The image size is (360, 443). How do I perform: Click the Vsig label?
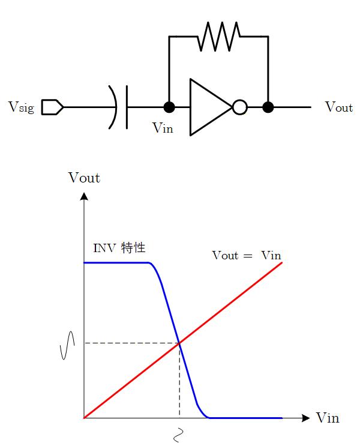click(21, 107)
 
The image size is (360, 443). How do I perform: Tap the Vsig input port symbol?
click(52, 107)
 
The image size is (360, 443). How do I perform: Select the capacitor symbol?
click(120, 107)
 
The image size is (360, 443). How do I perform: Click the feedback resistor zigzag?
click(218, 36)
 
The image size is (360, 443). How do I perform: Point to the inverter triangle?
click(208, 107)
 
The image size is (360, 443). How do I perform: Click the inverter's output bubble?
click(239, 107)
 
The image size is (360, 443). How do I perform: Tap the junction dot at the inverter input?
click(169, 107)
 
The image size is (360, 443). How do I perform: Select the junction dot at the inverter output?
click(268, 107)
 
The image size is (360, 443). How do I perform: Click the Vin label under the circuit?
click(163, 127)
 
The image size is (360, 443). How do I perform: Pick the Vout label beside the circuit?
click(338, 107)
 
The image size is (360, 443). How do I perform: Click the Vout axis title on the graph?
click(84, 178)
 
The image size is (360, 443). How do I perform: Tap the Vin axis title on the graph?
click(327, 418)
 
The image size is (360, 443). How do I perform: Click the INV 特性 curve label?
click(119, 247)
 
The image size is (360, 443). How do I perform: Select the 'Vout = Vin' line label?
click(247, 255)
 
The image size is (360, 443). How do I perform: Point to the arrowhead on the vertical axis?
click(84, 196)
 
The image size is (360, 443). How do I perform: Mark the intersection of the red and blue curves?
click(179, 343)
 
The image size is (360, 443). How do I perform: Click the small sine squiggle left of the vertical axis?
click(67, 345)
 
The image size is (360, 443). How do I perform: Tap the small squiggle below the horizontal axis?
click(178, 433)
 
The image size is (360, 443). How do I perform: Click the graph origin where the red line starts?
click(84, 418)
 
